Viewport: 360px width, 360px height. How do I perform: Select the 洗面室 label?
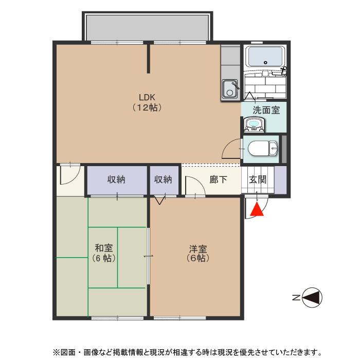coord(266,110)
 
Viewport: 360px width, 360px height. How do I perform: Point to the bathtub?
coord(265,56)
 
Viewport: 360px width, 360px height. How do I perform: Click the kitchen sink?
coord(229,89)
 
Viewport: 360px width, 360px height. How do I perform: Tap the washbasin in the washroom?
coord(253,124)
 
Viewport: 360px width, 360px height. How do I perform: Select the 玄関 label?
coord(258,180)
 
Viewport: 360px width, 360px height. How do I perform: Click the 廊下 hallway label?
coord(218,180)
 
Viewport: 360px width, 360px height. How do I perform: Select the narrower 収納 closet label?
coord(163,180)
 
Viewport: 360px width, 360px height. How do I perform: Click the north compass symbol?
coord(312,297)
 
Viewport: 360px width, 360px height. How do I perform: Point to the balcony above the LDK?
coord(147,26)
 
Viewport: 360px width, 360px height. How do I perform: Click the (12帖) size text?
coord(147,108)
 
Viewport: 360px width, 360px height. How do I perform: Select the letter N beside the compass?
coord(296,297)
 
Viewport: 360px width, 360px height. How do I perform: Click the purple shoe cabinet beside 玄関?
coord(280,179)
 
